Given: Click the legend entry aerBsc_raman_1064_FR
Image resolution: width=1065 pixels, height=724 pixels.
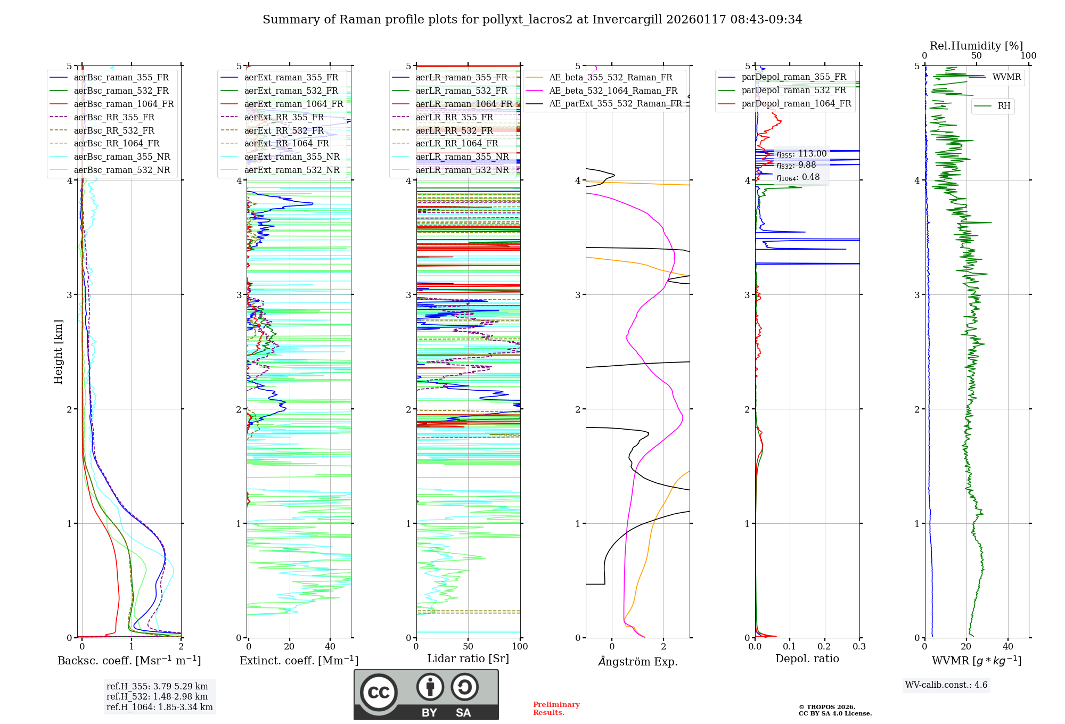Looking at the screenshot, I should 124,104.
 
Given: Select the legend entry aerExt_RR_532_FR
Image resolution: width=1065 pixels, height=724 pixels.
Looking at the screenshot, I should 284,130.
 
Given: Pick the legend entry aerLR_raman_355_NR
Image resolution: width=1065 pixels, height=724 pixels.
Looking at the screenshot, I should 462,157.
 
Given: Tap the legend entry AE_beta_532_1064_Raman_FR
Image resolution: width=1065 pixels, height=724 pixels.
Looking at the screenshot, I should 613,90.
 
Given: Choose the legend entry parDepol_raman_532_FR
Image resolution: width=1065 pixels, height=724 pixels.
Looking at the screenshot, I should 793,90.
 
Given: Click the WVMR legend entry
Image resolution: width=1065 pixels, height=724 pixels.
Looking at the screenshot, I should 1006,77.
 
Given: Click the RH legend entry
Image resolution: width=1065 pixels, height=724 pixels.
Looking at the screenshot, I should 1004,106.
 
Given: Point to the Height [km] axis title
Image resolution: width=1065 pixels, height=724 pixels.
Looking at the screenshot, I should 58,352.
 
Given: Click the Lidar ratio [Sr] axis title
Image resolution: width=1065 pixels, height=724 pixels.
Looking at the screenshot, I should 468,659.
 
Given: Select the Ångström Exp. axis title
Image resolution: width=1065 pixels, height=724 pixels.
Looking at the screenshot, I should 637,661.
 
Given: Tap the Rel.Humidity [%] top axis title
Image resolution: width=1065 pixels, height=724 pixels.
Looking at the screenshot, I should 976,46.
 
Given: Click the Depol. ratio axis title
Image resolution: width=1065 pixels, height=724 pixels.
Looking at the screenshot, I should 807,659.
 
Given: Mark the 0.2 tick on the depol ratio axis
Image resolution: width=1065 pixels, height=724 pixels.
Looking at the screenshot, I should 824,646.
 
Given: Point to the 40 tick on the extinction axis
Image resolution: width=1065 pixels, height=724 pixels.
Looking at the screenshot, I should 330,646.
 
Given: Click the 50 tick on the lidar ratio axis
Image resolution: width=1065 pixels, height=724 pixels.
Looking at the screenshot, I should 468,646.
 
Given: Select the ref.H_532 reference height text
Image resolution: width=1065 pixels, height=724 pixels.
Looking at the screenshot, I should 157,696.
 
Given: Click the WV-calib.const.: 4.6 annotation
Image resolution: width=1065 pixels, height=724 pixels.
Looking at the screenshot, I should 946,685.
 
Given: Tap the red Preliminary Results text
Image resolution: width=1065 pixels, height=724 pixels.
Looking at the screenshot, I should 556,708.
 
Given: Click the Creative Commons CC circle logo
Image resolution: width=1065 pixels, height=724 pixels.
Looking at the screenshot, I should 379,693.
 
